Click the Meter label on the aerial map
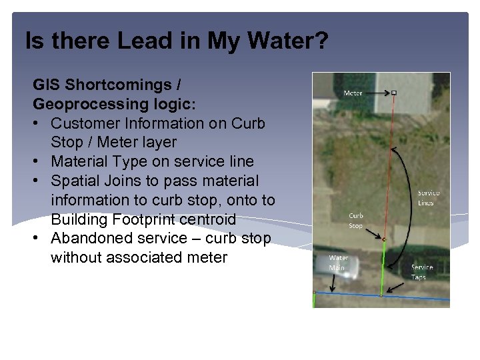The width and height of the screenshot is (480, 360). [353, 93]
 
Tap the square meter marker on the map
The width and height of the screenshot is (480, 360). [394, 93]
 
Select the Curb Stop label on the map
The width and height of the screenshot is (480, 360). [356, 221]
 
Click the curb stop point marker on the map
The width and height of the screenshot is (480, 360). [384, 239]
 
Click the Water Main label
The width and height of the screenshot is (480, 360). [338, 263]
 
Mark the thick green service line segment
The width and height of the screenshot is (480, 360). [383, 267]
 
